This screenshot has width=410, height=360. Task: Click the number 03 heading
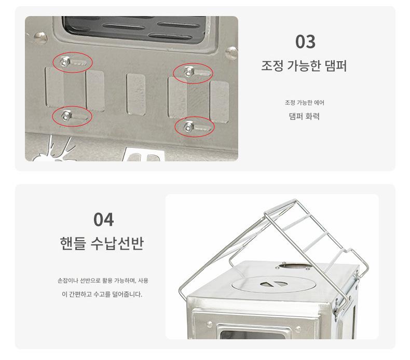(x=305, y=42)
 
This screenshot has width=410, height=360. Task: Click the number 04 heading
(x=104, y=219)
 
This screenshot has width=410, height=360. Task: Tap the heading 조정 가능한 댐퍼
(x=304, y=66)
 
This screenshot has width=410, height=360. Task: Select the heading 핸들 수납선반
(x=102, y=244)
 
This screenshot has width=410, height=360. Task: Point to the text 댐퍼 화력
(x=304, y=116)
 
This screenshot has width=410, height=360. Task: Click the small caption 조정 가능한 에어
(x=305, y=103)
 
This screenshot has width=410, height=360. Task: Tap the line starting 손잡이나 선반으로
(x=103, y=281)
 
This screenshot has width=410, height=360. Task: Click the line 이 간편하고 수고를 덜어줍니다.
(x=102, y=294)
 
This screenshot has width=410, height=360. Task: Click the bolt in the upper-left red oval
(x=64, y=62)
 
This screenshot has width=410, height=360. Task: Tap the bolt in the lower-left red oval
(x=66, y=115)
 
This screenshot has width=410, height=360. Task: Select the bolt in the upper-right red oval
(x=188, y=72)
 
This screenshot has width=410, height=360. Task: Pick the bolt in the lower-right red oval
(x=188, y=127)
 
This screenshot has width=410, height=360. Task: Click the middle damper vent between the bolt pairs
(x=136, y=94)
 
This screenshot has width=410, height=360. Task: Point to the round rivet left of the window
(x=40, y=38)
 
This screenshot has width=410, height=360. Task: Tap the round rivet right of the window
(x=231, y=53)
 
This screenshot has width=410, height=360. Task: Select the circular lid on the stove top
(x=272, y=284)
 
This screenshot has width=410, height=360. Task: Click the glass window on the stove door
(x=252, y=335)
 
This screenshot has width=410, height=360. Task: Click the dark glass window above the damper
(x=134, y=29)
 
